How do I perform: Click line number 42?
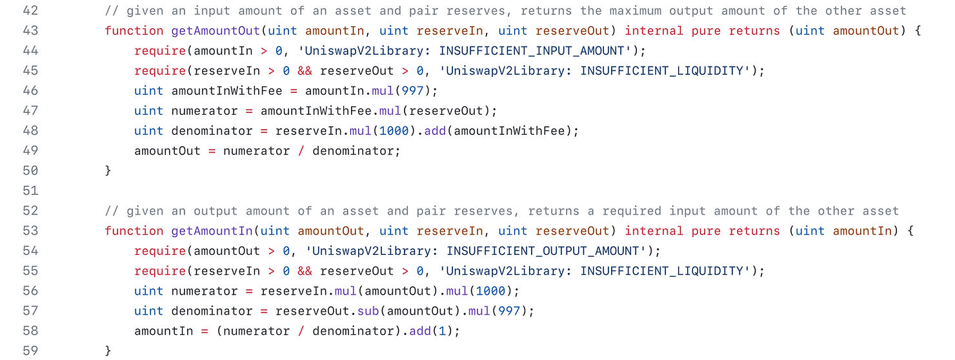tap(30, 10)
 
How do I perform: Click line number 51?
tap(30, 190)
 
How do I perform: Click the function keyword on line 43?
tap(134, 30)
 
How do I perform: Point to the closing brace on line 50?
tap(108, 170)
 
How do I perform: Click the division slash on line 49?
tap(302, 150)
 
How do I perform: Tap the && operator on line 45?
tap(305, 70)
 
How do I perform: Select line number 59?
tap(30, 350)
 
